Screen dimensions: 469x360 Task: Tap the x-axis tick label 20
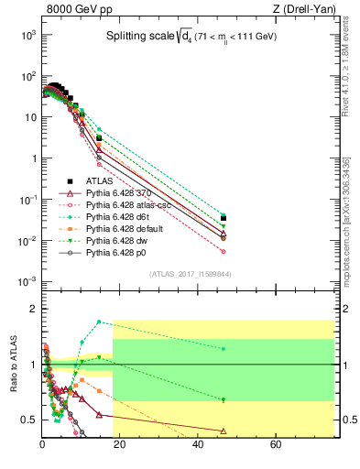[x=120, y=445]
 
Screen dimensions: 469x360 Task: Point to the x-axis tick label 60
[x=276, y=445]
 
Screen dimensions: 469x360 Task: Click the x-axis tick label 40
[x=198, y=445]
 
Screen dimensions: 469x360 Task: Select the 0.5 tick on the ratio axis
[x=28, y=420]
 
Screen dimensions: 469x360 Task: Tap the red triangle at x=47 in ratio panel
[x=224, y=431]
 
